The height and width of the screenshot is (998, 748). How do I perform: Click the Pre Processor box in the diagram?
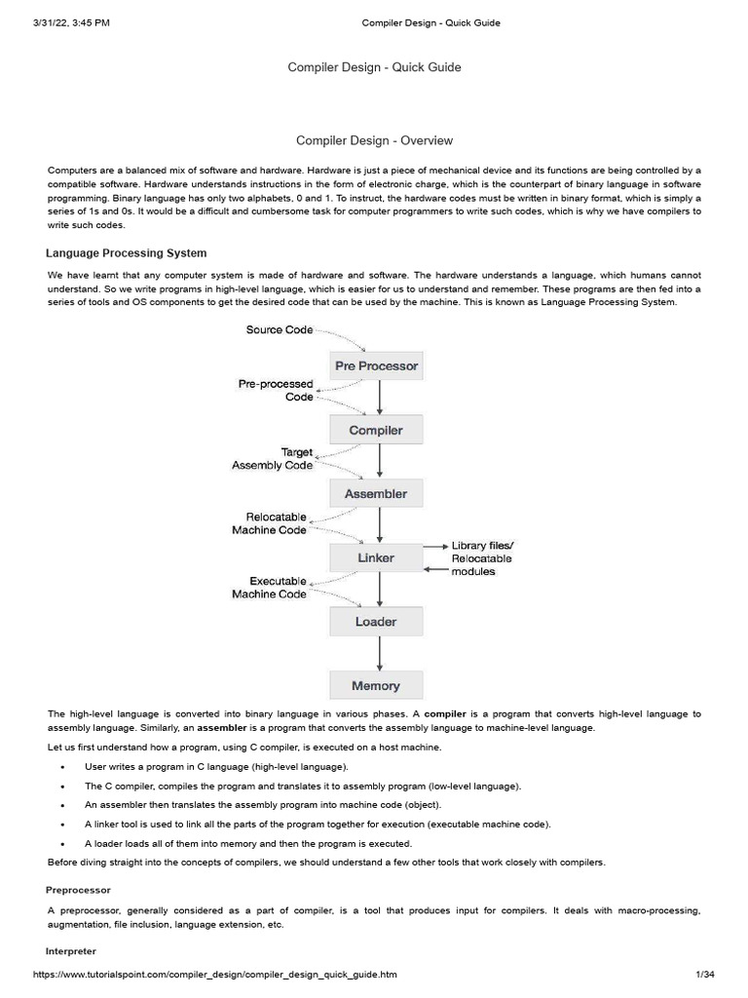[376, 366]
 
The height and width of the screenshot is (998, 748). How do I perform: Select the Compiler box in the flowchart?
[376, 430]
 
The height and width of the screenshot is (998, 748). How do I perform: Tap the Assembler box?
[376, 494]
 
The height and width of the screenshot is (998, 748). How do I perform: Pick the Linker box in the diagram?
[376, 557]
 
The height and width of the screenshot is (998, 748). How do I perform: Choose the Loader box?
[376, 622]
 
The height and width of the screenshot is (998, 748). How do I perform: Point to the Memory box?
[376, 686]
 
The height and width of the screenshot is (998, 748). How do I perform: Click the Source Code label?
[280, 330]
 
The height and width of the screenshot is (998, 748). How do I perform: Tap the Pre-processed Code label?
[276, 391]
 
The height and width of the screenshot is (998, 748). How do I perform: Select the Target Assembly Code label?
[273, 459]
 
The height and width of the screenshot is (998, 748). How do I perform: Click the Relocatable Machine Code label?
[270, 523]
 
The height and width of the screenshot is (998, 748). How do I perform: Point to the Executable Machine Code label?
[270, 588]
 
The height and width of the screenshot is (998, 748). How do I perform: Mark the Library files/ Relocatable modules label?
[482, 557]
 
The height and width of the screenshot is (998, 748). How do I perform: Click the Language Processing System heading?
[127, 253]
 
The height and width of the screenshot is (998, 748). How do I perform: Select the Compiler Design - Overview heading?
[375, 141]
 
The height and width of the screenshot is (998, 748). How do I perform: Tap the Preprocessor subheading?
[79, 890]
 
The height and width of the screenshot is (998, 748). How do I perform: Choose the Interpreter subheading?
[71, 950]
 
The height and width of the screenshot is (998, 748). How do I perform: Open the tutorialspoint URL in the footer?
[215, 975]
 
